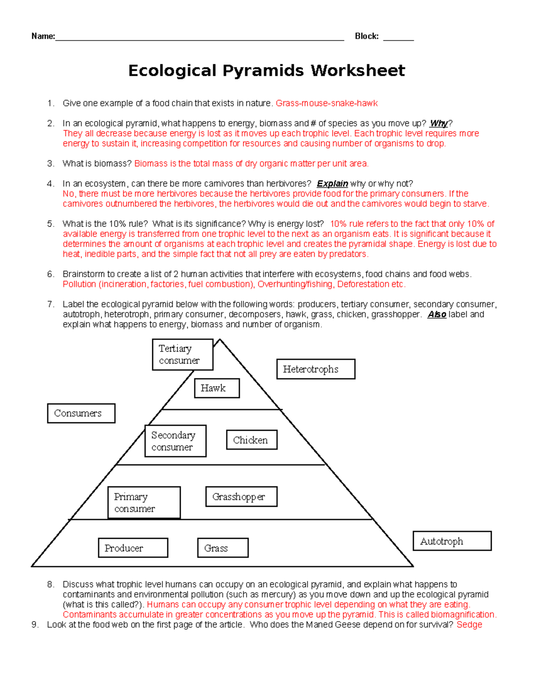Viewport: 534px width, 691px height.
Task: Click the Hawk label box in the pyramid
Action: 217,388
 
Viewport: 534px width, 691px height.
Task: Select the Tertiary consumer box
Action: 182,355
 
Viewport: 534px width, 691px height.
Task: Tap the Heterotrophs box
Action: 316,369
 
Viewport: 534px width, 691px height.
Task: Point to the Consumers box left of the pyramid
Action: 81,413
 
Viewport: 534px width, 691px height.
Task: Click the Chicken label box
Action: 251,440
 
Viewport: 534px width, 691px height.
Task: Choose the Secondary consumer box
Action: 175,441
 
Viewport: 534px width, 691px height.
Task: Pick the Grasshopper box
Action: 241,497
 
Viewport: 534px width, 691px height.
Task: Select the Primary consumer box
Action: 144,503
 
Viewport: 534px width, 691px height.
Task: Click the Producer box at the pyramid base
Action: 133,548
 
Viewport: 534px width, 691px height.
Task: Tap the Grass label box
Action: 222,548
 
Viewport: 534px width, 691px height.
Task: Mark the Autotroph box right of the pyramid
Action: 452,541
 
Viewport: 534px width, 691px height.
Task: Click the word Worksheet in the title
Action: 358,70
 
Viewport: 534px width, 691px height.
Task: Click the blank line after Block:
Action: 398,37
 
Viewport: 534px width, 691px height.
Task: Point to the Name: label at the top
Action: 43,36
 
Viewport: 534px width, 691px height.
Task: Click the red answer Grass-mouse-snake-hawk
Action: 326,103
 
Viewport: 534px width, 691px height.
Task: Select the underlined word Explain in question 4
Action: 332,184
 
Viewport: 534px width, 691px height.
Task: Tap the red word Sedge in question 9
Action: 469,625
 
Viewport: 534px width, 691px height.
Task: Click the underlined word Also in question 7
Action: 437,315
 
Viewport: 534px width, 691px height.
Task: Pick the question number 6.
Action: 50,274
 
